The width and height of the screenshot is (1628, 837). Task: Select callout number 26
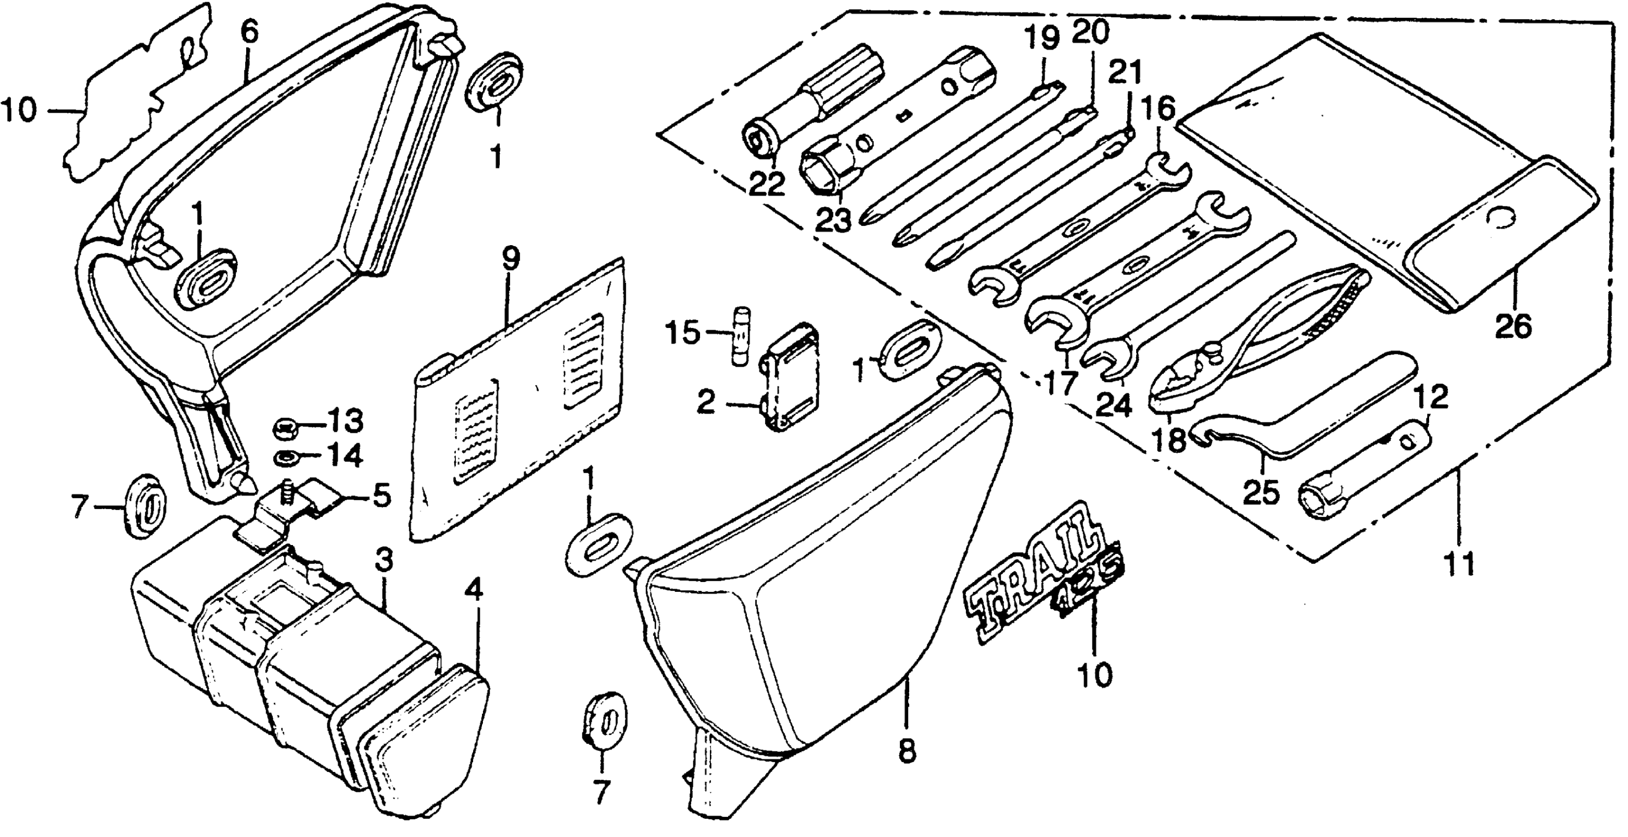coord(1514,326)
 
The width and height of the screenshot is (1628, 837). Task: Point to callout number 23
coord(833,220)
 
